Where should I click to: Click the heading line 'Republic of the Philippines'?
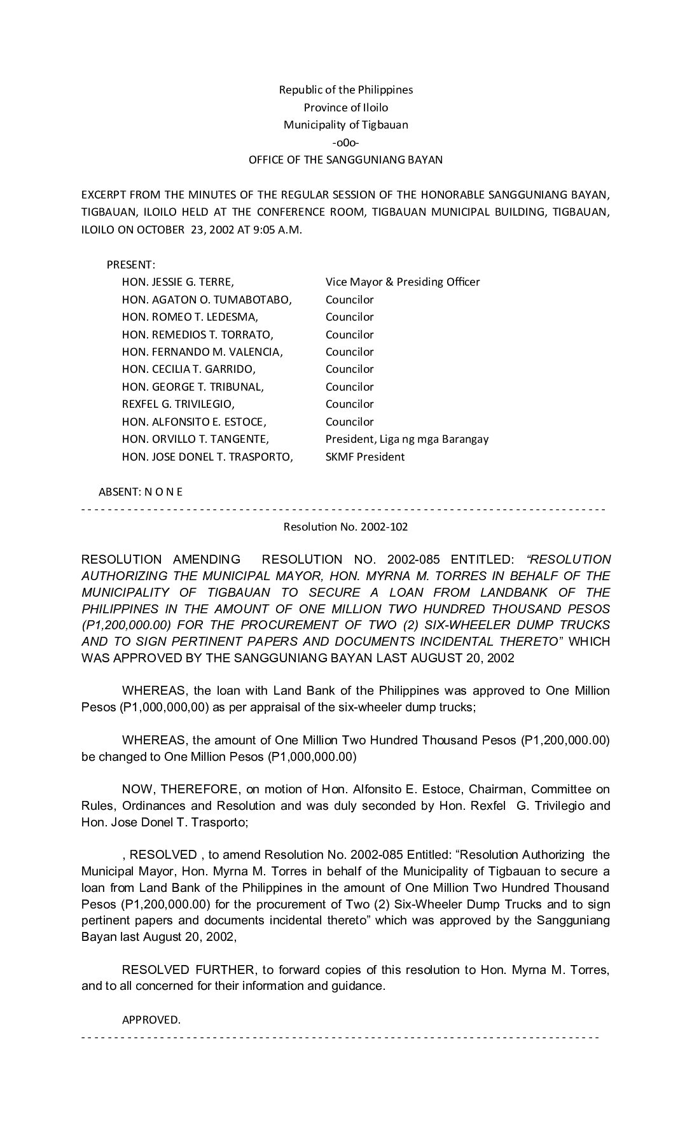coord(345,90)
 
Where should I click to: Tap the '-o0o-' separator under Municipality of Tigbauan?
coord(345,142)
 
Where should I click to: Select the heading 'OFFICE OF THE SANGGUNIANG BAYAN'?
coord(345,160)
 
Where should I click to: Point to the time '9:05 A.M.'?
coord(280,230)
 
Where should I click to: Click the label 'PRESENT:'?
coord(131,265)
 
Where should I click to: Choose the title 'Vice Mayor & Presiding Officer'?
coord(403,282)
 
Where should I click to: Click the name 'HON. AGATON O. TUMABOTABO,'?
coord(207,300)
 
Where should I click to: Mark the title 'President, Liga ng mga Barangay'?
coord(407,439)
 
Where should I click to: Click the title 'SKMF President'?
coord(365,457)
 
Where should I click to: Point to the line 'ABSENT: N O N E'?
coord(141,492)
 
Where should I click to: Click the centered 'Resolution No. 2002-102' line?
coord(345,527)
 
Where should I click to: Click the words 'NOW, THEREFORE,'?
coord(181,789)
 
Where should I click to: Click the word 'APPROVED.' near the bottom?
coord(151,1020)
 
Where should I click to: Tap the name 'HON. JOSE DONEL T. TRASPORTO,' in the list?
coord(208,457)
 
